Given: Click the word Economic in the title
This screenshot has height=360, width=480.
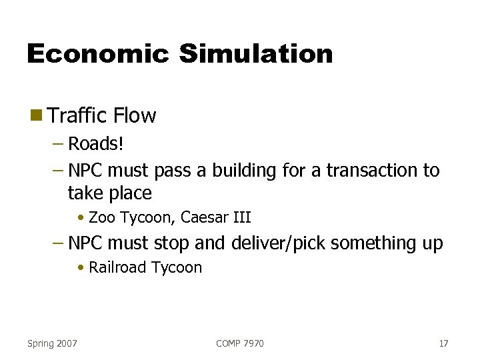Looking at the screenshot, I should click(97, 54).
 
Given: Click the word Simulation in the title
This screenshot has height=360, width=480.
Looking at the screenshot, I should click(255, 54).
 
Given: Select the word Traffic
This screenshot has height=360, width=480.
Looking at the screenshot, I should click(77, 115).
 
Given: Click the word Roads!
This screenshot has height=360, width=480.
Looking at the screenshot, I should click(96, 144).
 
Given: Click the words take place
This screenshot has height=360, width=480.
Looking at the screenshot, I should click(110, 193).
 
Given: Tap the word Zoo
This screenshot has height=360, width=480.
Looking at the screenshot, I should click(101, 217).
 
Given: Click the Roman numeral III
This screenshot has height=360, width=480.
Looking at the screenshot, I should click(241, 217).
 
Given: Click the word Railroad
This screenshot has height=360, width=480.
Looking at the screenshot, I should click(118, 267).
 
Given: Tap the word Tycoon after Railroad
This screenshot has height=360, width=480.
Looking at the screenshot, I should click(177, 268).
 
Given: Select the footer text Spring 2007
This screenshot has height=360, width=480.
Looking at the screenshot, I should click(52, 343).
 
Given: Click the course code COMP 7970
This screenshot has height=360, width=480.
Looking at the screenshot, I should click(240, 343).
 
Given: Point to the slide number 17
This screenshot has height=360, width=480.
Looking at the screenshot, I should click(443, 343).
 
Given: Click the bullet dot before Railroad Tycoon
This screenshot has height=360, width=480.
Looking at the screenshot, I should click(80, 268).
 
